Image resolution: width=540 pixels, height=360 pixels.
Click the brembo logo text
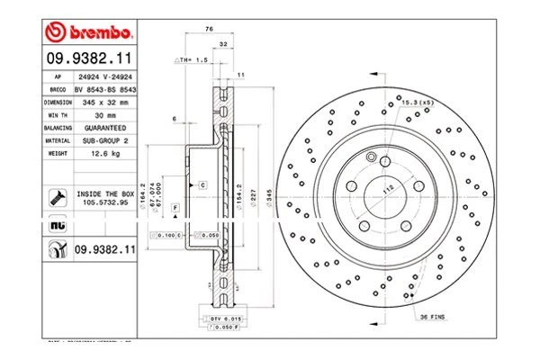[97, 33]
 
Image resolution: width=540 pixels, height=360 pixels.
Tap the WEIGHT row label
[58, 154]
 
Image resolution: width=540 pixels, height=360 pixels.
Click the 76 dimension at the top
[210, 31]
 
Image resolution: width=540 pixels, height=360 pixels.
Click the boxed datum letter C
[202, 184]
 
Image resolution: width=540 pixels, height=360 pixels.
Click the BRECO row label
[57, 91]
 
